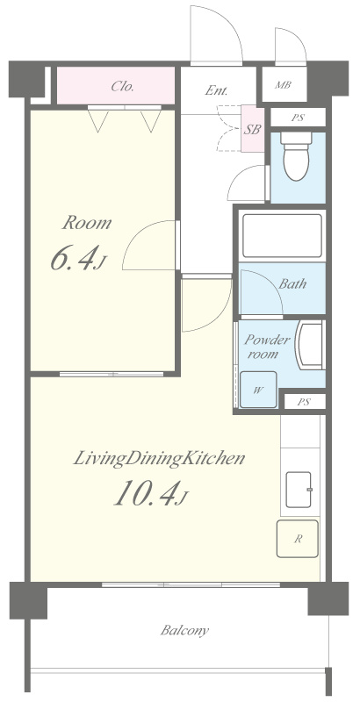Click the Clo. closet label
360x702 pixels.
(x=122, y=86)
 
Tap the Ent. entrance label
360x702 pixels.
(x=216, y=91)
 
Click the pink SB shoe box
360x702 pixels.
(x=253, y=129)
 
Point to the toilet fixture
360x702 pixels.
(x=296, y=155)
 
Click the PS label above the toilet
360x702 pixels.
(x=298, y=118)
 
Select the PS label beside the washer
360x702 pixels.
(x=304, y=402)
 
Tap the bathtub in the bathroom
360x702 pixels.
(x=282, y=236)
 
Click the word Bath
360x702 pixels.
(x=292, y=283)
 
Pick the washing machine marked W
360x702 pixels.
(x=258, y=390)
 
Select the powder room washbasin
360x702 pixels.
(x=311, y=346)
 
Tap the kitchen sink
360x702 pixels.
(x=299, y=490)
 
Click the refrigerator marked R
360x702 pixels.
(x=298, y=539)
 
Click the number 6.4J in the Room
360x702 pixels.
(x=79, y=259)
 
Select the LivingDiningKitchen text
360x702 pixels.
(x=160, y=459)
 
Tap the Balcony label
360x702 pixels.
(x=184, y=631)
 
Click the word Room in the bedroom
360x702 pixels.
(x=86, y=223)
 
